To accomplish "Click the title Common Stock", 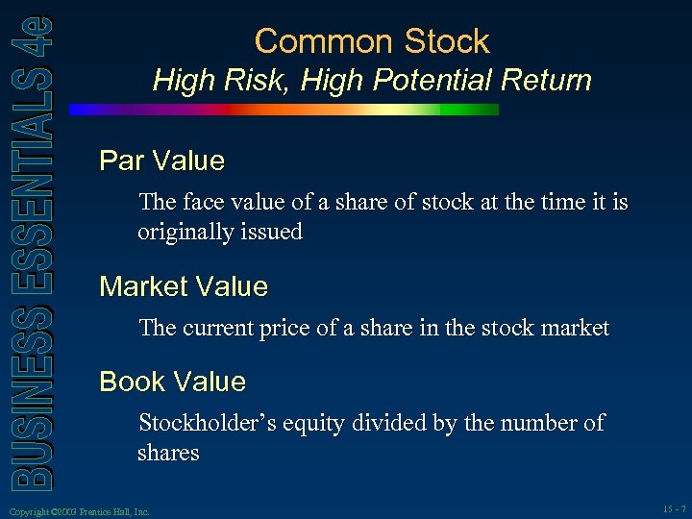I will (372, 41).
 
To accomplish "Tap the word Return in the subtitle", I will (545, 80).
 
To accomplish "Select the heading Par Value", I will (161, 161).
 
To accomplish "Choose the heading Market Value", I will (184, 286).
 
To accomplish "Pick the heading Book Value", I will (173, 382).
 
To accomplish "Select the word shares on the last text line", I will (167, 453).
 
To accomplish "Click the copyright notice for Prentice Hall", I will (77, 512).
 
